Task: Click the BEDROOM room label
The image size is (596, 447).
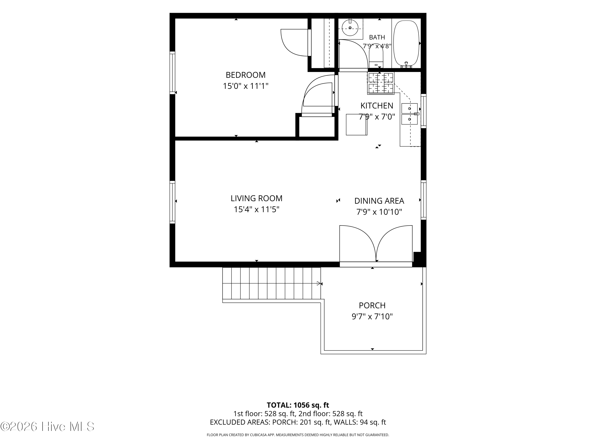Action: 246,75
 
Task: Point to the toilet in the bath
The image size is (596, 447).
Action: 376,56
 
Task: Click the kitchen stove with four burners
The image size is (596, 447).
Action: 381,83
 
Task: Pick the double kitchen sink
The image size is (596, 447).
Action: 409,114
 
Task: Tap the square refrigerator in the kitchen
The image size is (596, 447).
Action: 356,125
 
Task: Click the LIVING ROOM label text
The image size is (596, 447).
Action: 256,198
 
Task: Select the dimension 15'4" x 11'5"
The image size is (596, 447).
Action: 256,209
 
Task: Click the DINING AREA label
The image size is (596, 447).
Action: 379,201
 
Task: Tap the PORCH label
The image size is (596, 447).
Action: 372,305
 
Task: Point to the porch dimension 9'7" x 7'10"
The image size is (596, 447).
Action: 372,316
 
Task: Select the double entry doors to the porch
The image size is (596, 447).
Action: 376,244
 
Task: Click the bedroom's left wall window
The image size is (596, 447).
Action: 172,73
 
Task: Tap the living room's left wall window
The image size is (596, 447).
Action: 172,202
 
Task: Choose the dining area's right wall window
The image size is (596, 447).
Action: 424,200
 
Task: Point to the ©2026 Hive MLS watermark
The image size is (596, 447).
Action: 47,426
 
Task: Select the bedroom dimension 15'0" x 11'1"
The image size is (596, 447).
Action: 246,86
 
